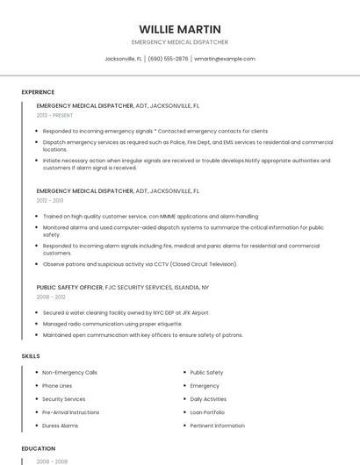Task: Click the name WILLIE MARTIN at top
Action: coord(179,29)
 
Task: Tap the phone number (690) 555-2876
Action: coord(168,59)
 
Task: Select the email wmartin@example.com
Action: coord(224,59)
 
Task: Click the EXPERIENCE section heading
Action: coord(38,92)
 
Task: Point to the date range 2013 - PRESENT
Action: coord(54,115)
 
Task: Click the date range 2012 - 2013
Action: coord(50,200)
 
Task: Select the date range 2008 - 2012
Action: coord(50,297)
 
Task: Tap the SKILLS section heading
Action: coord(30,356)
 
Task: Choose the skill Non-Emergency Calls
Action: coord(69,372)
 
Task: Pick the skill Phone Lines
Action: coord(57,385)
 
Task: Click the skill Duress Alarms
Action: coord(60,426)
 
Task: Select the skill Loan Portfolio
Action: coord(207,412)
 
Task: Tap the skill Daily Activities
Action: coord(208,399)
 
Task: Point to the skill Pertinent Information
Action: coord(217,426)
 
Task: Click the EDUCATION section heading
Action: coord(38,448)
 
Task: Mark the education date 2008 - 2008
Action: coord(50,461)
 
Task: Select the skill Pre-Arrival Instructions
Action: coord(70,412)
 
